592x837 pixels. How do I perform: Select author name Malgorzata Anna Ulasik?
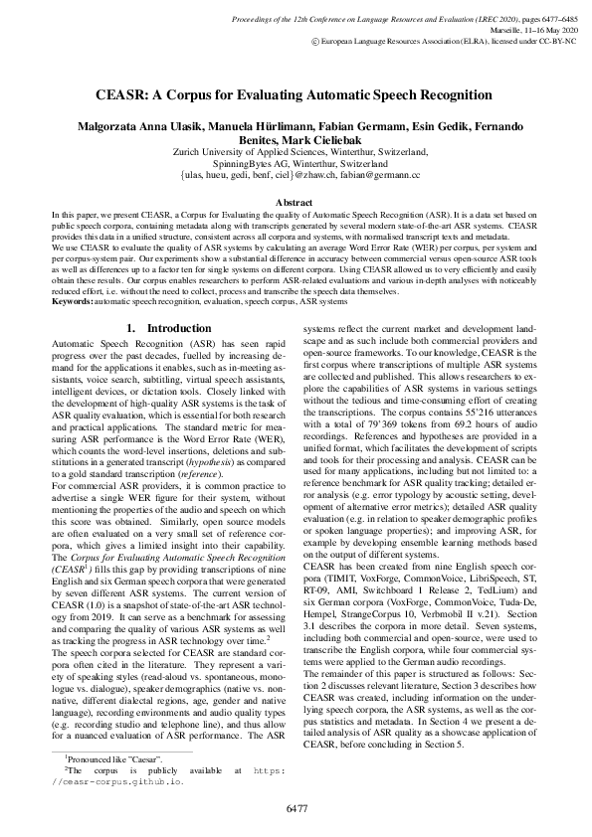138,129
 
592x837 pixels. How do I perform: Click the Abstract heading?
296,202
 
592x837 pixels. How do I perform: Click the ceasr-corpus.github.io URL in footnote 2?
122,781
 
